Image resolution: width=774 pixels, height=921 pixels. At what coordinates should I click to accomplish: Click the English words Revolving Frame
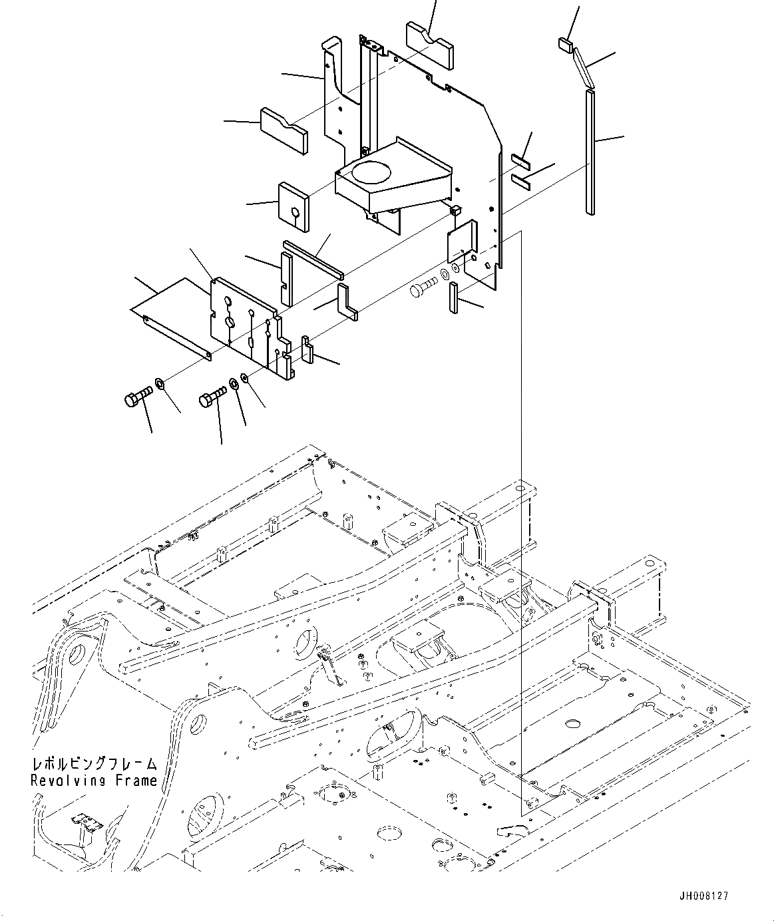[94, 780]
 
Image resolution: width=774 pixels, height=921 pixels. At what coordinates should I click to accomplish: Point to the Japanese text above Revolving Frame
[94, 763]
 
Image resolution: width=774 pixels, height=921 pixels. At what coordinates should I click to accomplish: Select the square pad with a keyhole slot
[293, 207]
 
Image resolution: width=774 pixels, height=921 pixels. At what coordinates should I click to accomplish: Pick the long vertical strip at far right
[590, 152]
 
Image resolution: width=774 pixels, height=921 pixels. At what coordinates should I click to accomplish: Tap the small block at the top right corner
[565, 45]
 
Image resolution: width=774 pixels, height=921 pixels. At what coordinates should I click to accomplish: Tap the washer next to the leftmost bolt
[160, 383]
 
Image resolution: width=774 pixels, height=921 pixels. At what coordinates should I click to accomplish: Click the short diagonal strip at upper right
[582, 67]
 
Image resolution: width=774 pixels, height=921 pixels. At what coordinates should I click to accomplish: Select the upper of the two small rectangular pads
[520, 160]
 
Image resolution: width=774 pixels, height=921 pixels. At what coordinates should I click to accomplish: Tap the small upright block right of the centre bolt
[454, 297]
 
